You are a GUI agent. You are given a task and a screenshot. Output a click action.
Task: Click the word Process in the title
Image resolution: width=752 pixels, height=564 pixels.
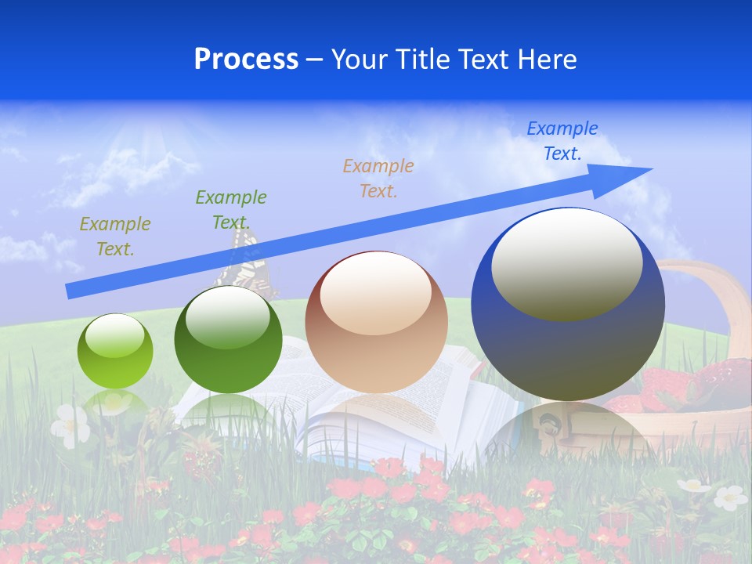coord(246,60)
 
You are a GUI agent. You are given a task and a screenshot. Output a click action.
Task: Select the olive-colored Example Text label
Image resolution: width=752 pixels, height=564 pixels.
coord(114,237)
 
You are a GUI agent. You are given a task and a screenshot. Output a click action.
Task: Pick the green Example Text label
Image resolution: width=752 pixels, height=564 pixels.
coord(230,210)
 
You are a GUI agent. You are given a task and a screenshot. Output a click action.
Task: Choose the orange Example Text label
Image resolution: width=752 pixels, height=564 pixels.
coord(378,179)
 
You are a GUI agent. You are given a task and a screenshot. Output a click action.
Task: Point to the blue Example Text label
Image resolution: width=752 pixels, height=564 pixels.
coord(562,141)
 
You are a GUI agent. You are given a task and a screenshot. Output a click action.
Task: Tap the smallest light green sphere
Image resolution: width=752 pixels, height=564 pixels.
coord(115,352)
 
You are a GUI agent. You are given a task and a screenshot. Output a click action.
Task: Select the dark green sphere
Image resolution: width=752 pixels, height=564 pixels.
coord(228,340)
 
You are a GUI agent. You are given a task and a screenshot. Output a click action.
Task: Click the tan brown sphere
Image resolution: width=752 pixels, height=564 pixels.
coord(376,323)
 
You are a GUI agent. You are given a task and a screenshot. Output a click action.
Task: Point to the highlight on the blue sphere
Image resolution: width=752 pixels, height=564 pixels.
coord(566,262)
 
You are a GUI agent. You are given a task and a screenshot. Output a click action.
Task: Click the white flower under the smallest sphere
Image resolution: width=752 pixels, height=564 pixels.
coord(70,425)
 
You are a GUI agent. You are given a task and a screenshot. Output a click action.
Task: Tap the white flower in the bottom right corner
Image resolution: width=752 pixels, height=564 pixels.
coord(730,497)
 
